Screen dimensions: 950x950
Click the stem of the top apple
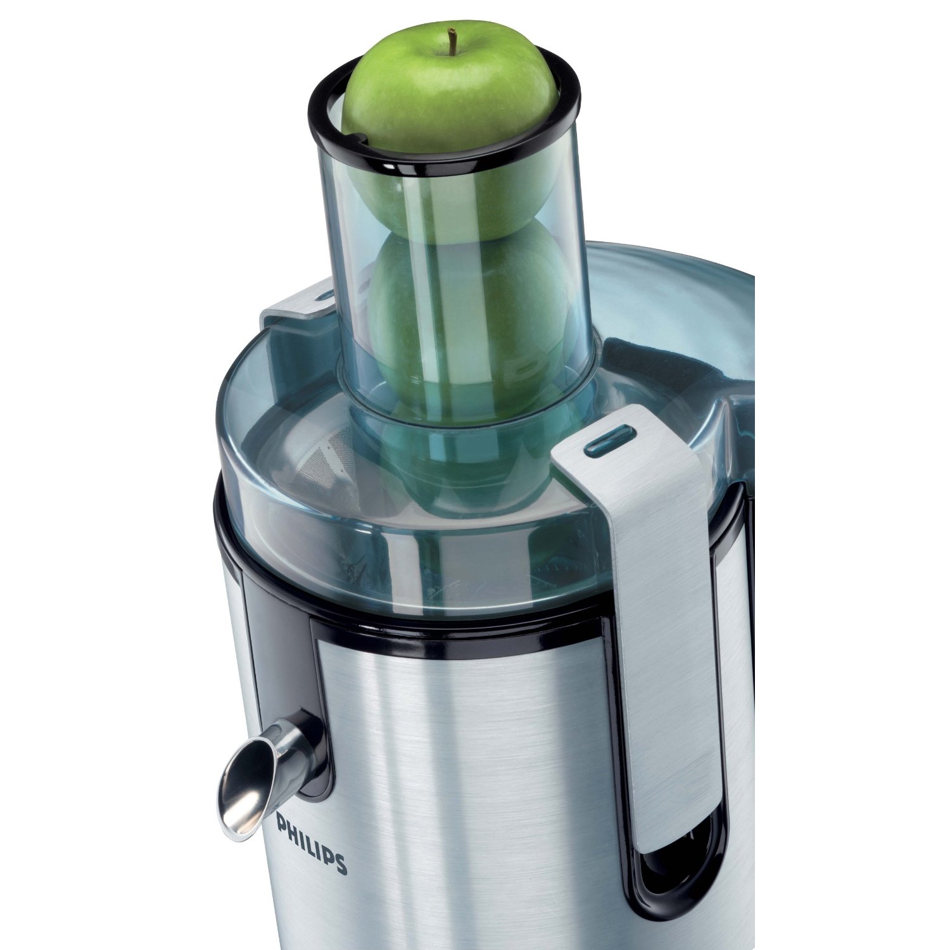(x=453, y=41)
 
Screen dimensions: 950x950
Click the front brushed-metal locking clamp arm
(x=659, y=602)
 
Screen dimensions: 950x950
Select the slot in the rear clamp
(x=325, y=296)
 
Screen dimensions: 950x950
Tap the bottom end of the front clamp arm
(x=665, y=836)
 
